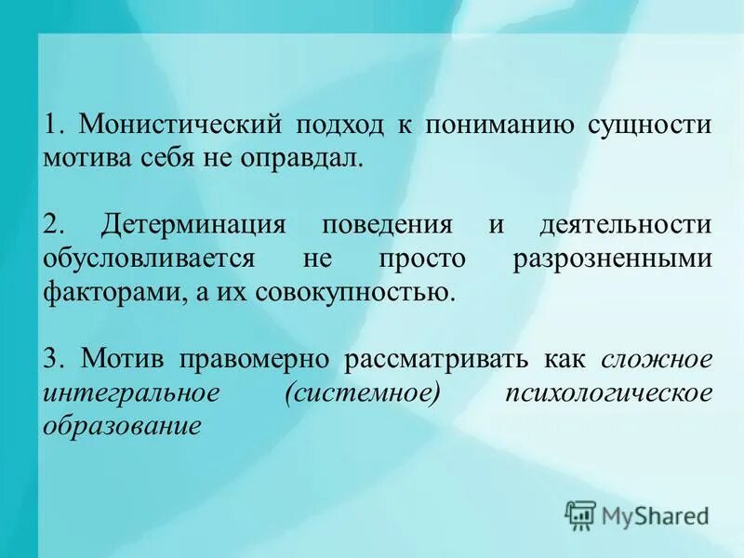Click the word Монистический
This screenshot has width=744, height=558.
tap(179, 125)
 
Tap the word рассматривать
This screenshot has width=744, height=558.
tap(441, 359)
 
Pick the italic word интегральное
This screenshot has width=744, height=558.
tap(130, 392)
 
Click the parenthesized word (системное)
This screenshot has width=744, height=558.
tap(363, 392)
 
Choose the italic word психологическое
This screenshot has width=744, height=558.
tap(608, 392)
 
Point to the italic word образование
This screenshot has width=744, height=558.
tap(121, 426)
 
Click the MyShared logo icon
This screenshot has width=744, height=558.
tap(581, 513)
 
